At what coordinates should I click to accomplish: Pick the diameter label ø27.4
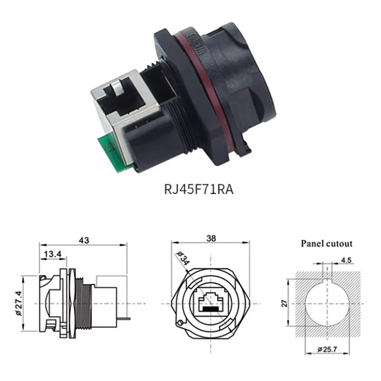tap(18, 303)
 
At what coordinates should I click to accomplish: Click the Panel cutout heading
tap(326, 243)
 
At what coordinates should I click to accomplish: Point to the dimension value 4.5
tap(347, 260)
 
